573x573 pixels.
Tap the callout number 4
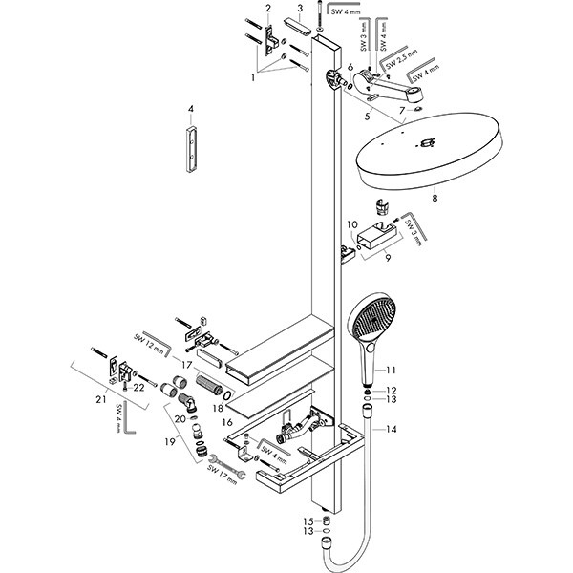[190, 109]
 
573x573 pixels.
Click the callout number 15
[308, 521]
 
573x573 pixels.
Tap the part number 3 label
[299, 9]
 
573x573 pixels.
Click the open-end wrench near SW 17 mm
[231, 471]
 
